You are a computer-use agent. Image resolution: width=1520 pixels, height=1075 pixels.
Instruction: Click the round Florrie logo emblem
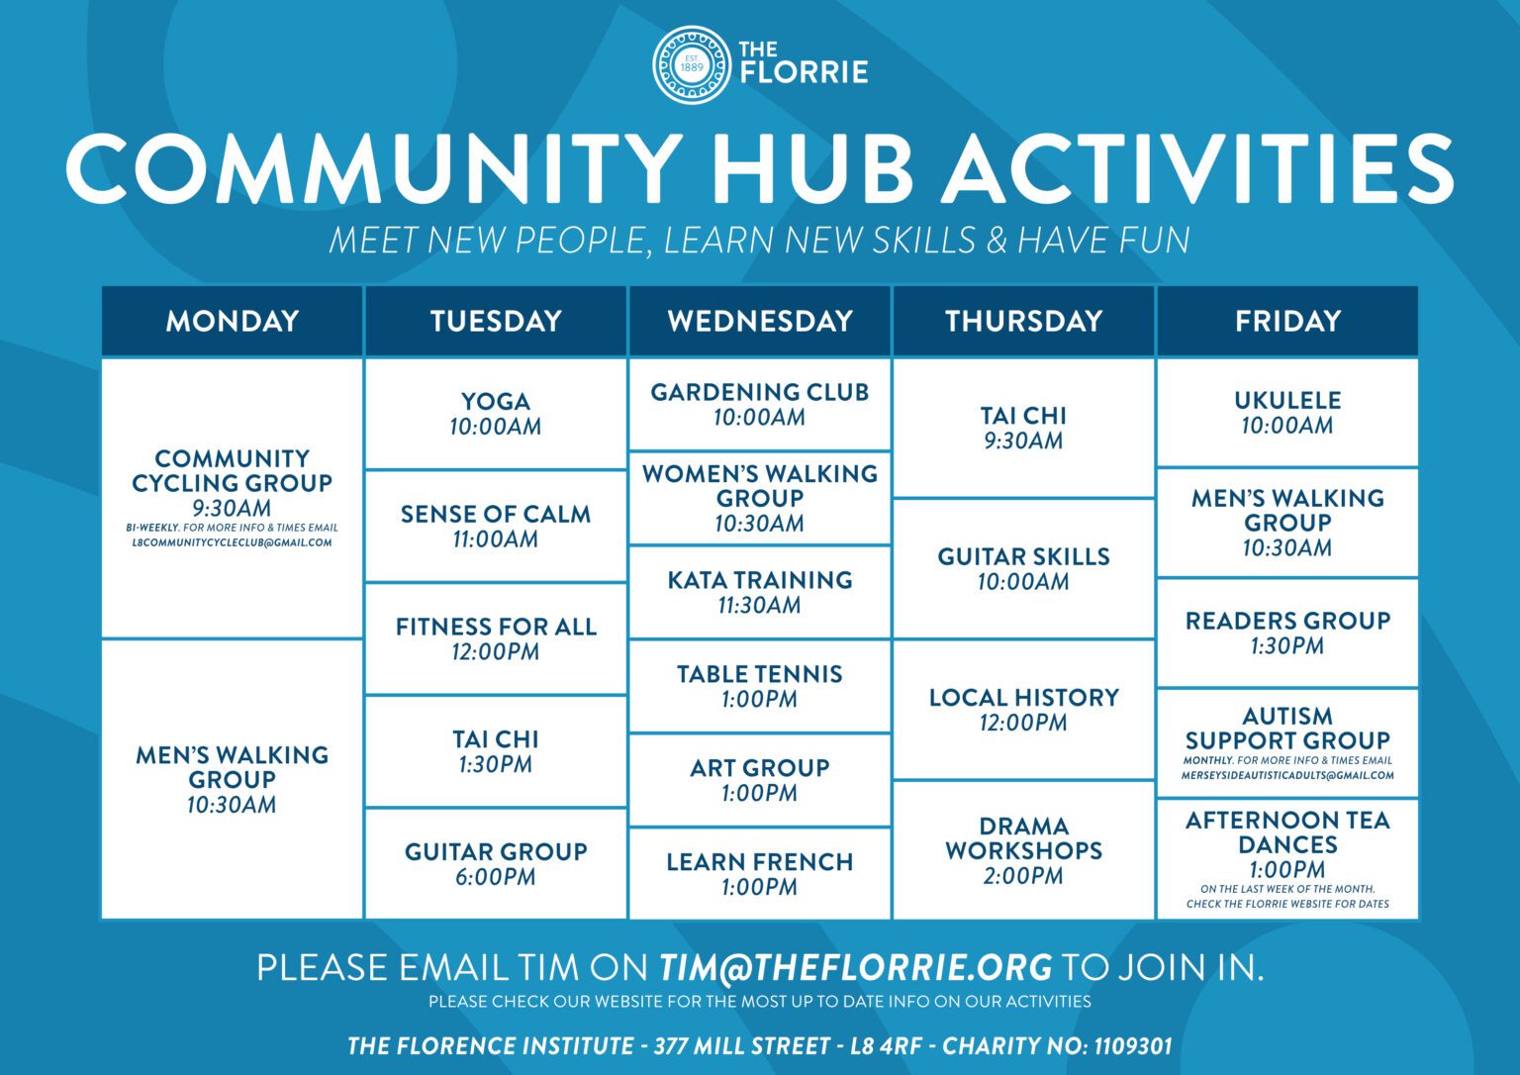[x=692, y=64]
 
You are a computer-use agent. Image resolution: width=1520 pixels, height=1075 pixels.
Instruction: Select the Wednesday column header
[x=759, y=321]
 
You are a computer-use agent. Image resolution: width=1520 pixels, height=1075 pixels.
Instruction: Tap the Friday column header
[x=1286, y=321]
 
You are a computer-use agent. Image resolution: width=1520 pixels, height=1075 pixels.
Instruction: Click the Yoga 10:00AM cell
[x=495, y=414]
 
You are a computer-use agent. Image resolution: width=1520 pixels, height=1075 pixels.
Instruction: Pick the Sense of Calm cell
[x=495, y=526]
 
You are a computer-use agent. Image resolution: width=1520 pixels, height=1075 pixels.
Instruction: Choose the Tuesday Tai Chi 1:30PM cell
[x=495, y=751]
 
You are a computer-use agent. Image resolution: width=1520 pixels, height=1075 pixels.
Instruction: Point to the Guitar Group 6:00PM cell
[x=495, y=863]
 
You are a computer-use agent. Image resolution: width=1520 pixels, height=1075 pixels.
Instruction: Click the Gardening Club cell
[x=759, y=404]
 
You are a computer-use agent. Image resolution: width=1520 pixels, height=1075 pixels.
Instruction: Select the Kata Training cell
[x=759, y=592]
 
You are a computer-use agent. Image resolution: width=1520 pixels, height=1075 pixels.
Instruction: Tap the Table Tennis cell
[x=759, y=686]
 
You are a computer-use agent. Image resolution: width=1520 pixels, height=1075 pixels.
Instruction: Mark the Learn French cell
[x=759, y=873]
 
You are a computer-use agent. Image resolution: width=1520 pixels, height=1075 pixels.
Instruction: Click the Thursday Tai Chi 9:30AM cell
[x=1023, y=428]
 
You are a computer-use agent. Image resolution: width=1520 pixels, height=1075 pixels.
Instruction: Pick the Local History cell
[x=1023, y=709]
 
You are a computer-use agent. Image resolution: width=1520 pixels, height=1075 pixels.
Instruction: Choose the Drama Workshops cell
[x=1023, y=849]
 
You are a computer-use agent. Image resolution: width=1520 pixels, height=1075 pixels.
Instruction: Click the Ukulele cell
[x=1286, y=413]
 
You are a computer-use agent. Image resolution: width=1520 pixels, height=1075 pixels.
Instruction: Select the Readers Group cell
[x=1286, y=633]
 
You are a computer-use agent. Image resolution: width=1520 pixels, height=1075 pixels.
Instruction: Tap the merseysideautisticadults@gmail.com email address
[x=1286, y=776]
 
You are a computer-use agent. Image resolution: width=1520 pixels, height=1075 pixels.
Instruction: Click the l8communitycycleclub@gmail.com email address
[x=232, y=542]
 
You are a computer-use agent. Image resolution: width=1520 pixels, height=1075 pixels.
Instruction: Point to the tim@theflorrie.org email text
[x=856, y=967]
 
